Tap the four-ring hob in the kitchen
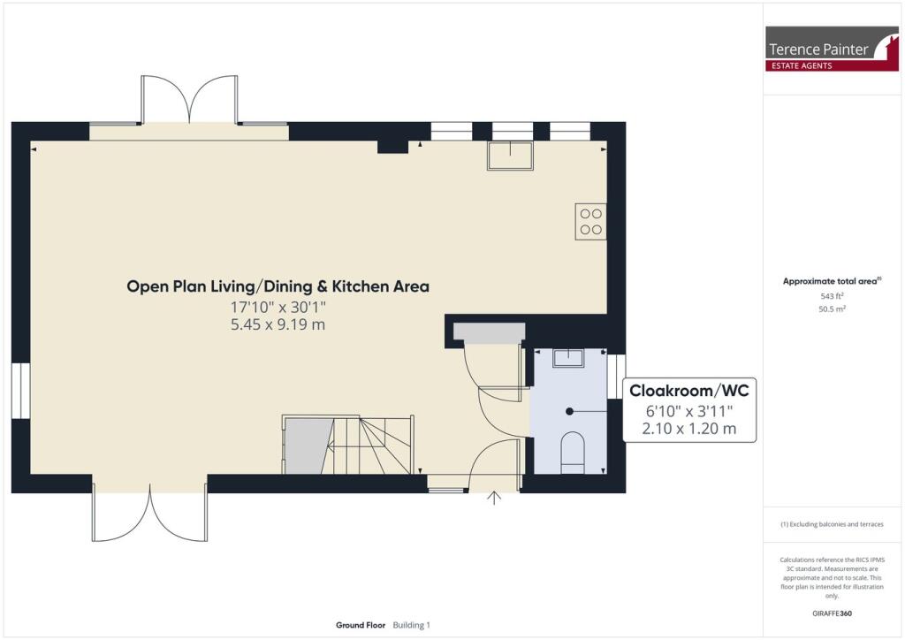590,221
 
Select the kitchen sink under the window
510,155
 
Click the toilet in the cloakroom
573,448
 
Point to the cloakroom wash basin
567,357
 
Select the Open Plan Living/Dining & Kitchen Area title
278,286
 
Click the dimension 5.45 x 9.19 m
278,324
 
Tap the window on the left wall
20,390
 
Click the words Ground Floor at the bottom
361,625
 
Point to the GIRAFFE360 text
832,613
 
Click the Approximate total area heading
831,281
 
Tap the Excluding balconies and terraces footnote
832,524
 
